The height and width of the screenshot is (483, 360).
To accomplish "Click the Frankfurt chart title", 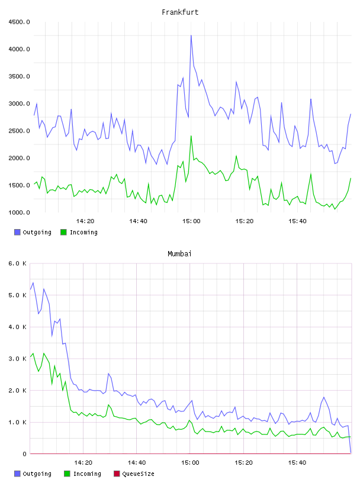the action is click(180, 12).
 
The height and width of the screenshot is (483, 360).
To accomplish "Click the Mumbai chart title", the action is click(179, 254).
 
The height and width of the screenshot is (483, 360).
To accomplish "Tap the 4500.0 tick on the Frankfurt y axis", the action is click(19, 22).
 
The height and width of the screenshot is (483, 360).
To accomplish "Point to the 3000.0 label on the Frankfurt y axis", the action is click(19, 104).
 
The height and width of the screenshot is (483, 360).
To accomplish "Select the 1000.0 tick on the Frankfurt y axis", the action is click(19, 212).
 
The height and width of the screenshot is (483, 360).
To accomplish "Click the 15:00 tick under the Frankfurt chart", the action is click(191, 221).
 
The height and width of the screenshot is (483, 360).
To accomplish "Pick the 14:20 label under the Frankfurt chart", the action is click(85, 221).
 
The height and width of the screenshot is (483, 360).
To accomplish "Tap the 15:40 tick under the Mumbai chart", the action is click(297, 463).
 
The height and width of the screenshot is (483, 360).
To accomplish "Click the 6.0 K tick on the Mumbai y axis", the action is click(17, 263).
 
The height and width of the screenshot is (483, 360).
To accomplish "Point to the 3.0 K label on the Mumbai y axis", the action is click(17, 359).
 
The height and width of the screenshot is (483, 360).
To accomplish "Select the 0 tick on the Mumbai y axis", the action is click(24, 454).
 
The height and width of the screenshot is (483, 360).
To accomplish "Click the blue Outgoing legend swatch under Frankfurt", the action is click(17, 232).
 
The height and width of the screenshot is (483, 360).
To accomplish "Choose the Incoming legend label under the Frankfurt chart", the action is click(83, 233).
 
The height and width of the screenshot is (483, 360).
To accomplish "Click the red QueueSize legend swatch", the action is click(117, 474).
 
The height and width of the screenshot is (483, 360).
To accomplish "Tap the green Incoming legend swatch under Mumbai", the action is click(67, 474).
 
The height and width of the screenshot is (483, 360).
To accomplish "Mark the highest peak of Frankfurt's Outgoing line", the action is click(191, 36).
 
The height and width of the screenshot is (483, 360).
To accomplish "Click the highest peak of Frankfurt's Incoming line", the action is click(191, 136).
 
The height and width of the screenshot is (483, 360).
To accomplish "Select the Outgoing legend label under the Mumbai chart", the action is click(37, 474).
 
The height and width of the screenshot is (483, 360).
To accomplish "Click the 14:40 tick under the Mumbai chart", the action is click(137, 463).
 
